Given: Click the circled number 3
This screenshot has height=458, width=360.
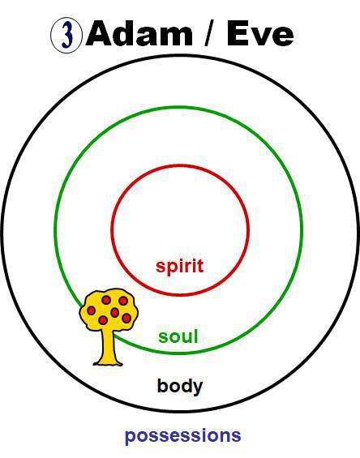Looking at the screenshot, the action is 66,36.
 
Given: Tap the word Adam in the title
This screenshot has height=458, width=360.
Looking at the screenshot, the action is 139,32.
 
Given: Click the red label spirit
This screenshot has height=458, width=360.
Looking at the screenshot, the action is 179,266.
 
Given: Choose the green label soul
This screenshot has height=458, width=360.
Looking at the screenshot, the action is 178,336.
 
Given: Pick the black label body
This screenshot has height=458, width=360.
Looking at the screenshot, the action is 180,387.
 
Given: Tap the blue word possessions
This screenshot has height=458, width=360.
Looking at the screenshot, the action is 182,436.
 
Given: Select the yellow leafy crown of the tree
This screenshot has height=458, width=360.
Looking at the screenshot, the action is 109,310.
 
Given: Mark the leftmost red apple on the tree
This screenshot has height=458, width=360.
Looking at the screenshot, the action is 91,310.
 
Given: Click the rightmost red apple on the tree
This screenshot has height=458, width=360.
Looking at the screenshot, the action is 126,318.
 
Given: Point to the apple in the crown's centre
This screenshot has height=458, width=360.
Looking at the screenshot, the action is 114,313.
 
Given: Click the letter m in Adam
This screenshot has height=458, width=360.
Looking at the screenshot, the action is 178,36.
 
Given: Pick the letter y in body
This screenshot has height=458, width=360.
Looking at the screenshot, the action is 198,389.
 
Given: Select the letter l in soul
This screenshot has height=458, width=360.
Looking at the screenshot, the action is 196,336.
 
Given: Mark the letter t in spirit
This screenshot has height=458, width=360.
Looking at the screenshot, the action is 200,266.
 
